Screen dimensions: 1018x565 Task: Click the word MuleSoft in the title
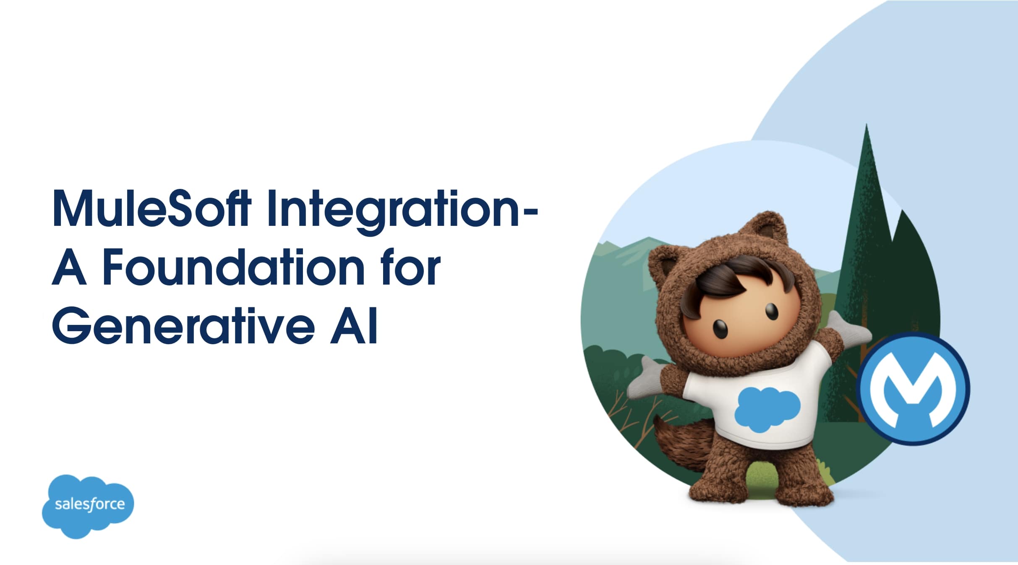pos(151,209)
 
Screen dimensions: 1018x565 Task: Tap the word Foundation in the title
pos(234,267)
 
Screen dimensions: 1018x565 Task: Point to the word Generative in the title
pos(183,326)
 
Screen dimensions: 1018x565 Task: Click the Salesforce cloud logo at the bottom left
pos(88,506)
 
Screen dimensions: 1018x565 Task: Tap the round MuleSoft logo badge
pos(913,388)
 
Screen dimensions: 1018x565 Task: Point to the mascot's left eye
pos(720,329)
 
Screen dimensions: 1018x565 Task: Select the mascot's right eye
pos(771,311)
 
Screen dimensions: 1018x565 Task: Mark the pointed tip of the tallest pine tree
pos(867,124)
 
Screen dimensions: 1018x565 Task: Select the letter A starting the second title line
pos(70,267)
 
